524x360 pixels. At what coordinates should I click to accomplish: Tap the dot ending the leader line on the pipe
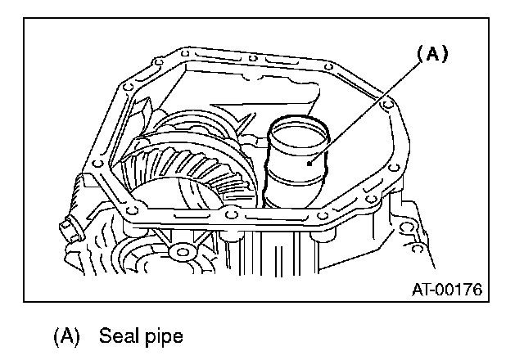point(310,164)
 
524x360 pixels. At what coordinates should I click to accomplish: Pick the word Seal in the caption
point(116,335)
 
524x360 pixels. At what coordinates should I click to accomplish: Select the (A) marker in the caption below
point(67,335)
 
